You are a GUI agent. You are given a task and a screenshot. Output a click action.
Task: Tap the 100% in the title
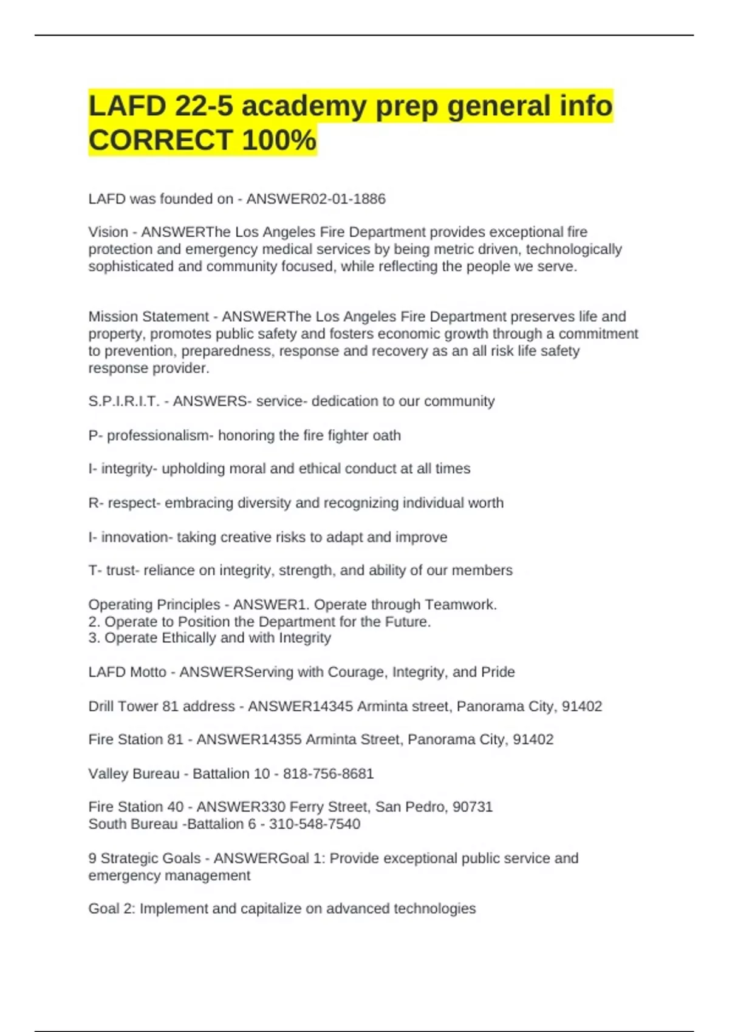click(279, 140)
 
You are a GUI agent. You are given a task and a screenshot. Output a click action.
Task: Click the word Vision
click(108, 232)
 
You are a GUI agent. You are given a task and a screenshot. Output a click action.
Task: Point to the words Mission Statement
click(148, 316)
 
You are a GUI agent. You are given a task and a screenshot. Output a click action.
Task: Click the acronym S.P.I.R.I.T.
click(124, 401)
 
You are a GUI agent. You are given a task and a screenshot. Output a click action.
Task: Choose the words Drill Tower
click(118, 706)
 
